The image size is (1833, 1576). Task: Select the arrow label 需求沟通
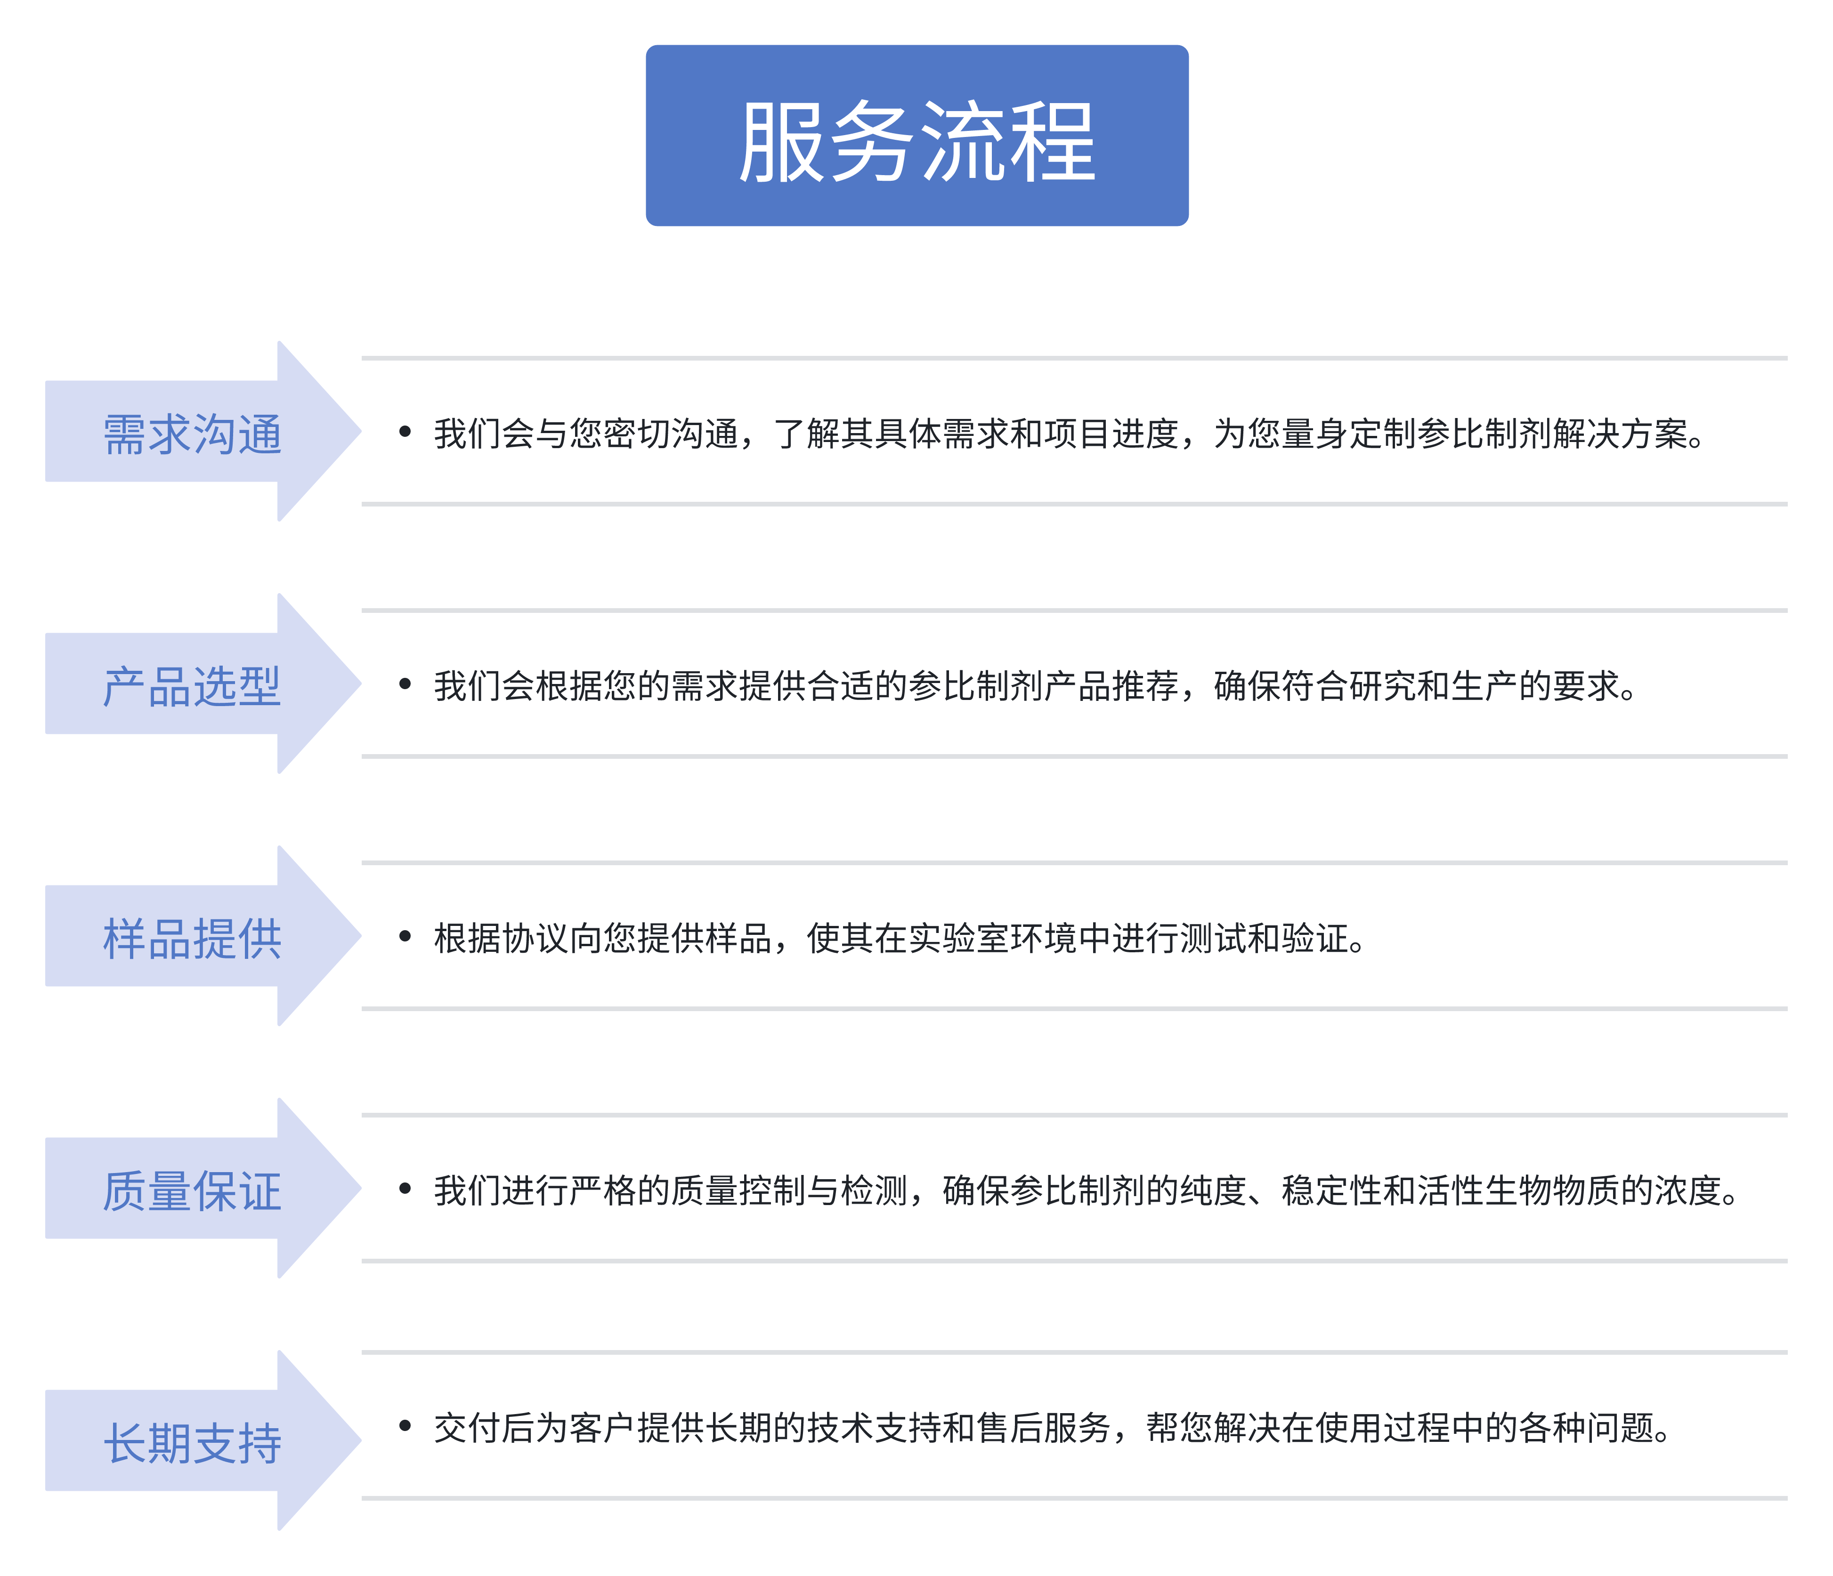tap(193, 434)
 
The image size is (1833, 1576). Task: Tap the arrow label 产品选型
tap(193, 686)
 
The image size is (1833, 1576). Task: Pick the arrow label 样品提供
tap(193, 938)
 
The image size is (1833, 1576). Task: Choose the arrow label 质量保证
tap(193, 1190)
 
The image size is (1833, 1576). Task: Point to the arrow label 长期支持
tap(193, 1442)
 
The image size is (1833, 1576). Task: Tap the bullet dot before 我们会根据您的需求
tap(405, 683)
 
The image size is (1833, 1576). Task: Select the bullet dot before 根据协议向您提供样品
tap(405, 936)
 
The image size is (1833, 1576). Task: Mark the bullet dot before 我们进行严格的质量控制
tap(405, 1189)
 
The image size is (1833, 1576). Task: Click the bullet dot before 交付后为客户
tap(405, 1426)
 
